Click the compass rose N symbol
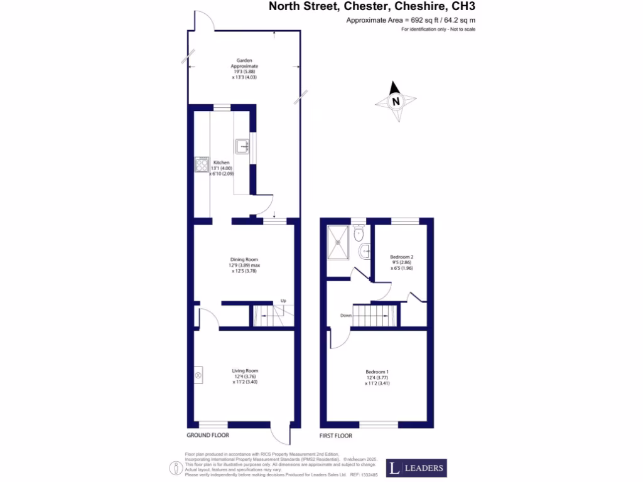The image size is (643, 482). (x=396, y=102)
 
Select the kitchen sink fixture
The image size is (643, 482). (x=242, y=146)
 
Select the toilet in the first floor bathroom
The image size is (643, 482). (x=358, y=235)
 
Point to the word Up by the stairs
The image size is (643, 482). (x=283, y=301)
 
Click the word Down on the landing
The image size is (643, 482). (x=345, y=316)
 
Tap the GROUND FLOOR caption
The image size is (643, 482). (x=208, y=435)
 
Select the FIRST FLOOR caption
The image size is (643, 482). (x=336, y=435)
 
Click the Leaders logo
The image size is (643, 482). (x=416, y=468)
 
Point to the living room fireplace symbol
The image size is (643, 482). (x=198, y=376)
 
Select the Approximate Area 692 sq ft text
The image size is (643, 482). (x=415, y=21)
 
